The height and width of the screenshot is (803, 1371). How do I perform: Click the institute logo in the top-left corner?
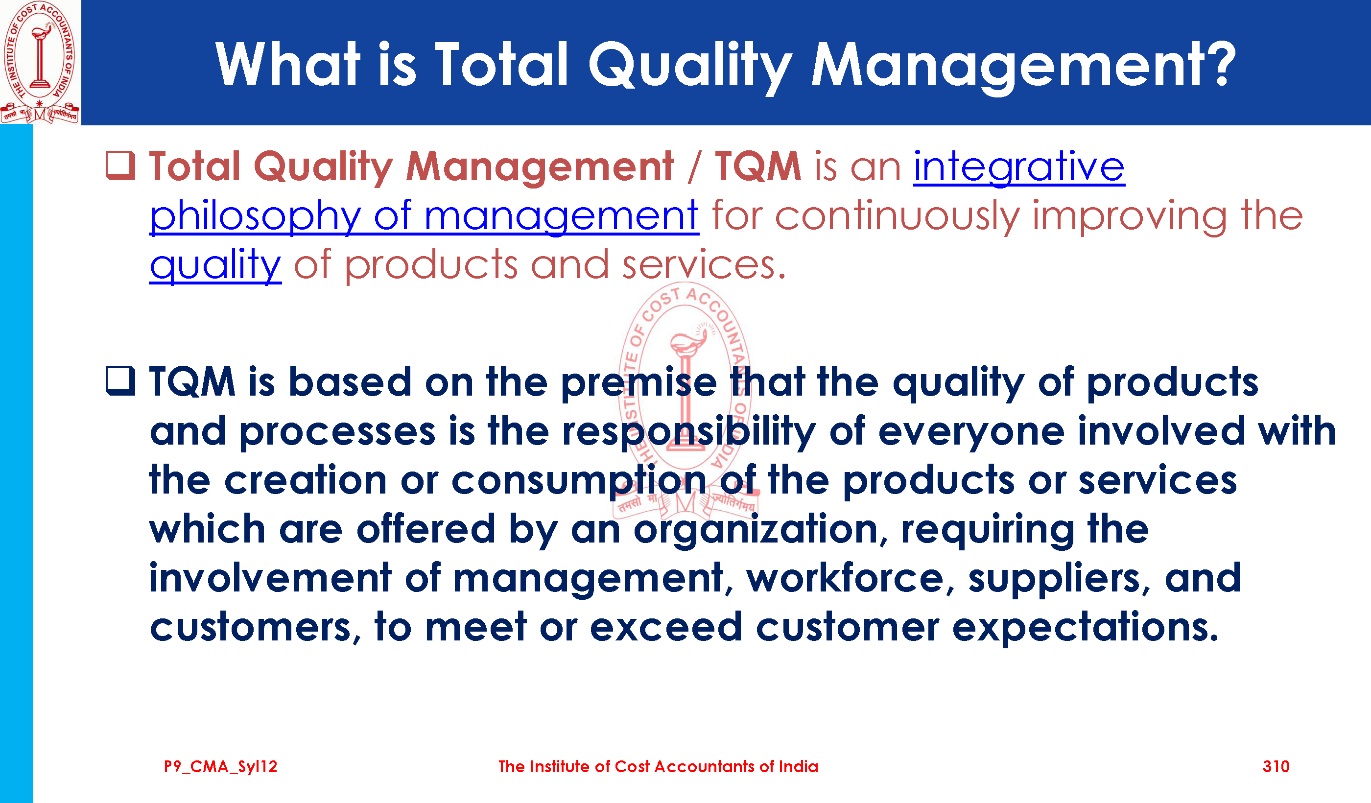[x=40, y=62]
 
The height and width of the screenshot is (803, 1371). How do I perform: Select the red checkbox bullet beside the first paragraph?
[x=120, y=165]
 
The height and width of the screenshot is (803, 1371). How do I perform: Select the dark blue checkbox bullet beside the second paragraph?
[x=120, y=381]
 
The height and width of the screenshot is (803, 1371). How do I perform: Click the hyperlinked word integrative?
[x=1019, y=167]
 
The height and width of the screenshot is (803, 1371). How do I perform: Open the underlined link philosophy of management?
[x=424, y=216]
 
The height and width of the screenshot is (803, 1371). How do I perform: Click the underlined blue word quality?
[x=215, y=265]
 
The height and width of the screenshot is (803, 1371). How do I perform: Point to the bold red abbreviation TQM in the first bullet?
[x=757, y=166]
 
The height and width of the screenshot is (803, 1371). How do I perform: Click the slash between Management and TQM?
[x=694, y=166]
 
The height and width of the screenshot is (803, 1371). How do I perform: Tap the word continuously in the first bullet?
[x=897, y=216]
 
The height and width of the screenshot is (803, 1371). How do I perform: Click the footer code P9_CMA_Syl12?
[x=220, y=767]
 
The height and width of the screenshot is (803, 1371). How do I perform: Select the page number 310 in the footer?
[x=1276, y=767]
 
